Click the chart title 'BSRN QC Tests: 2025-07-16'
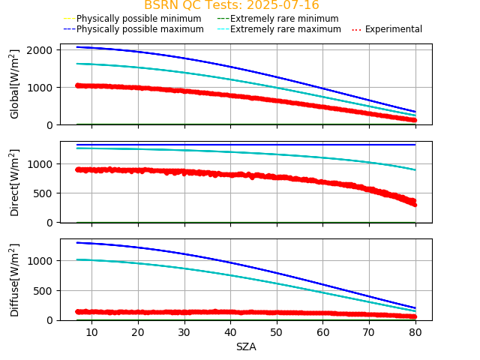[232, 5]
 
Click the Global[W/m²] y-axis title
[15, 84]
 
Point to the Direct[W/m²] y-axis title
[15, 182]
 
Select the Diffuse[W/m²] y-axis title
[15, 280]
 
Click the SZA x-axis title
[246, 346]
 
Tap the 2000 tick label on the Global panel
[38, 49]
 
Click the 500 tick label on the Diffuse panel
[43, 290]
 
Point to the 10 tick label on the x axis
[91, 332]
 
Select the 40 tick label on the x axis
[230, 332]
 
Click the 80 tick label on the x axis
[415, 332]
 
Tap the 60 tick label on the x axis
[323, 332]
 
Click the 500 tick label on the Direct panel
[43, 193]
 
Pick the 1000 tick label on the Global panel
[38, 87]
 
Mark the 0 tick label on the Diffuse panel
[49, 320]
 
